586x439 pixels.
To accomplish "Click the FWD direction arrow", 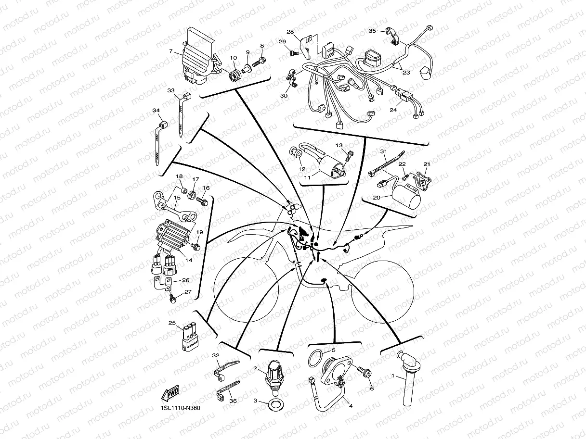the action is coord(170,393).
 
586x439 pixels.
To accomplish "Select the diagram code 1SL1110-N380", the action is coord(180,408).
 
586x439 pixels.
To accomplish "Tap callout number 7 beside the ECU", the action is coord(171,51).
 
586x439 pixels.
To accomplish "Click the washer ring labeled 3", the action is coord(276,404).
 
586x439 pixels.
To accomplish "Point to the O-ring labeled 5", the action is coord(316,359).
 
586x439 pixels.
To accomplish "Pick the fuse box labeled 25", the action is coord(190,337).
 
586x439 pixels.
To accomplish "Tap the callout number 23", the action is coord(406,73).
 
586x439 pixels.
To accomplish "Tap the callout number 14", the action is coord(189,260).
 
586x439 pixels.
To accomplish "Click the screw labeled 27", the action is coord(172,299).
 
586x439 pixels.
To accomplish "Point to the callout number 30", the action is coord(284,96).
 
